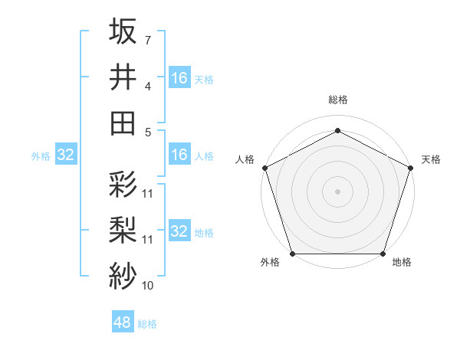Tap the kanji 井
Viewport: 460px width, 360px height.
coord(123,77)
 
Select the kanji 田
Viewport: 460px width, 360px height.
coord(123,123)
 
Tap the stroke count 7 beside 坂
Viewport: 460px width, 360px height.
coord(147,40)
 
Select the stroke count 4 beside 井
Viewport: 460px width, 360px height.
coord(147,87)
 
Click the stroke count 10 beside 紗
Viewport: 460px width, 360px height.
coord(148,286)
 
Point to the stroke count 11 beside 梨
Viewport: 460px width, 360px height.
coord(148,240)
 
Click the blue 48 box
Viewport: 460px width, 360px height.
coord(123,322)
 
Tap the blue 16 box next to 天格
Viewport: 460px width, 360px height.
coord(179,77)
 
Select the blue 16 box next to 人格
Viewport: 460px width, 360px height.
coord(179,155)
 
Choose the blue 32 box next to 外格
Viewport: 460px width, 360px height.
coord(65,155)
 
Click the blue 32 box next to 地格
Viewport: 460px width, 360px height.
coord(179,231)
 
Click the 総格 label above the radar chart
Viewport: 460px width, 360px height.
coord(337,100)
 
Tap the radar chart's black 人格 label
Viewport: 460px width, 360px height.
coord(245,159)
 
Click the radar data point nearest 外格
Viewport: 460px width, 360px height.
coord(292,254)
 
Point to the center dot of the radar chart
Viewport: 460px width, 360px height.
coord(337,191)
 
